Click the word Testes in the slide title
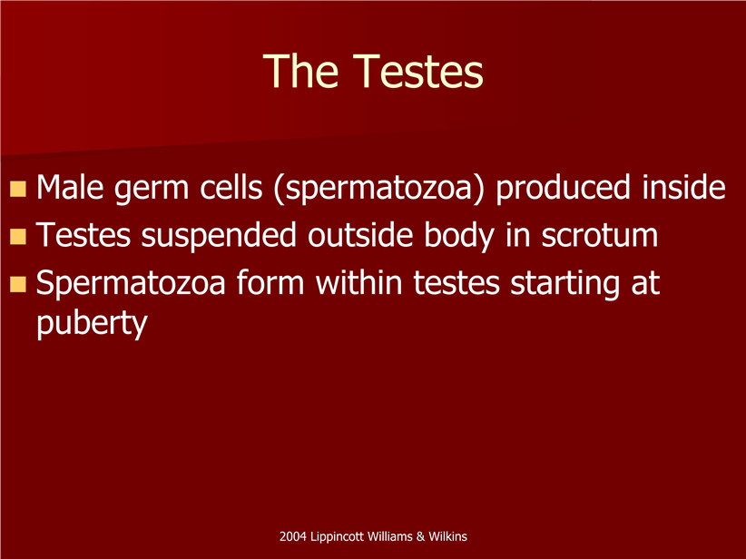point(418,72)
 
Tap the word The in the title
point(300,72)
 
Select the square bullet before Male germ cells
point(17,189)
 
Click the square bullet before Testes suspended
point(17,237)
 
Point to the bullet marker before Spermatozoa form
point(17,284)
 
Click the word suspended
point(219,237)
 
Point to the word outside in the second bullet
point(360,234)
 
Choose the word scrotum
point(600,236)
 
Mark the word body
point(458,236)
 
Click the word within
point(359,281)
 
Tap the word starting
point(565,284)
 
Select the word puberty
point(92,325)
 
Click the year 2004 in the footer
point(292,536)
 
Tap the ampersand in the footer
point(420,536)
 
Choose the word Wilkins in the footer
point(447,536)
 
